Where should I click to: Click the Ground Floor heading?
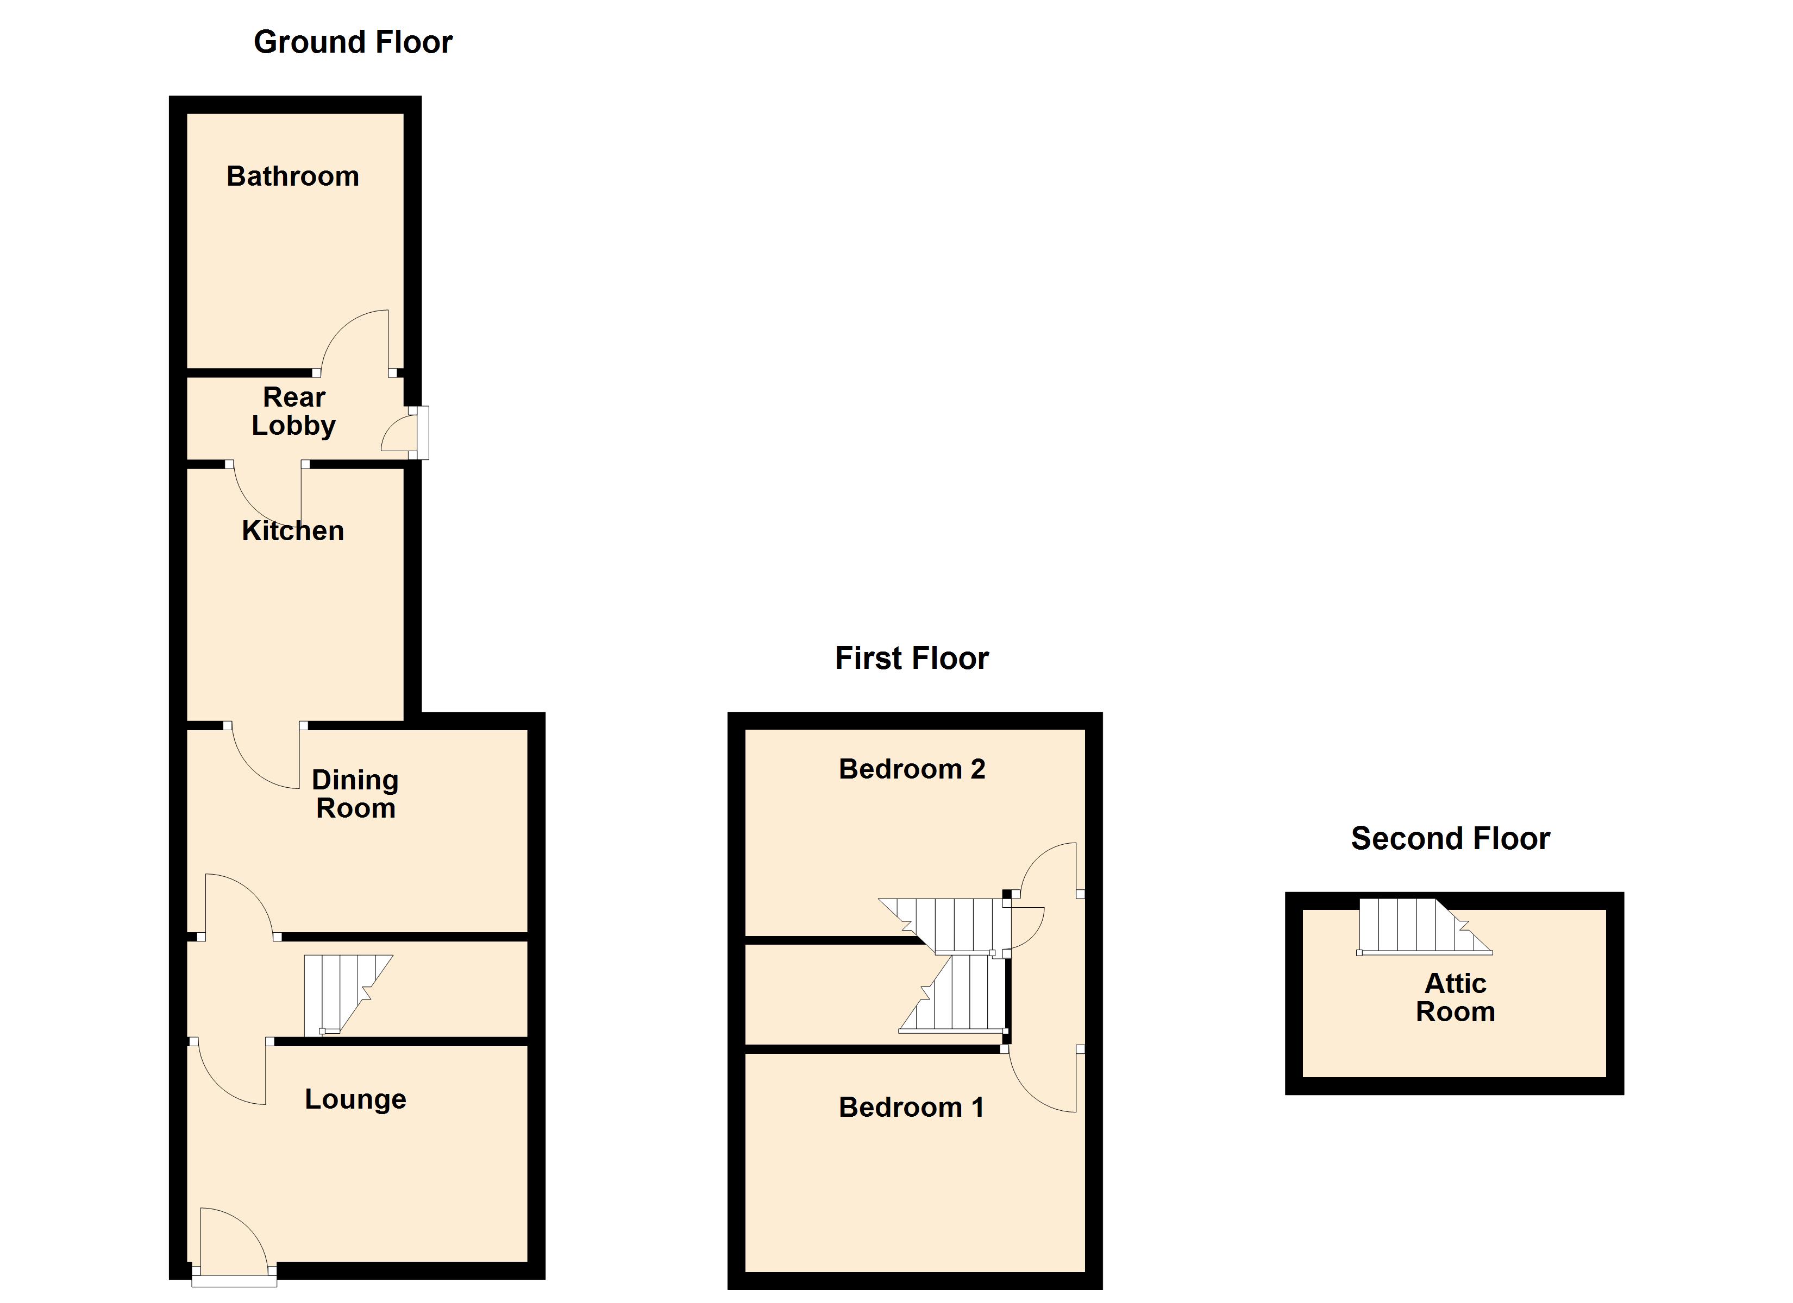click(x=353, y=42)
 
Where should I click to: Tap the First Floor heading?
click(x=912, y=658)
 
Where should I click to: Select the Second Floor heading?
click(x=1450, y=838)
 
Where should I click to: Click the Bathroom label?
click(x=292, y=176)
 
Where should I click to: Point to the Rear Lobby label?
click(x=293, y=411)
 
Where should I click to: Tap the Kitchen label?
click(x=292, y=531)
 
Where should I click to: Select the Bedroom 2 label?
click(x=912, y=769)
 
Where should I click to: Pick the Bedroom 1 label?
click(x=912, y=1107)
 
